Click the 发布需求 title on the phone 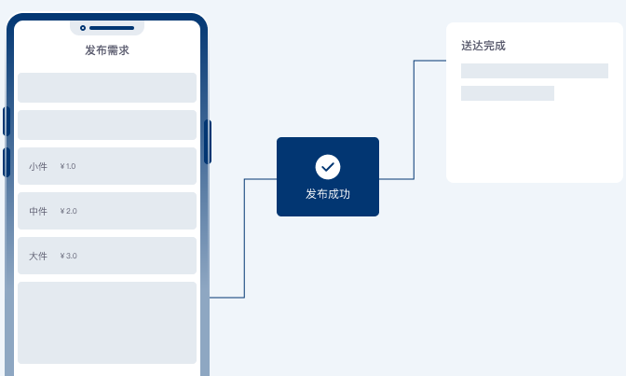[x=107, y=50]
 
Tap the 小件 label [x=38, y=166]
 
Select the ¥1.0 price [x=68, y=166]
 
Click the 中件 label [x=38, y=211]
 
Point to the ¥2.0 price [x=68, y=211]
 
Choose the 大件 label [x=38, y=256]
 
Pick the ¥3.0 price [x=68, y=256]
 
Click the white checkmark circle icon [x=328, y=167]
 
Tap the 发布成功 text [x=328, y=194]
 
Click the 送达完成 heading [x=483, y=46]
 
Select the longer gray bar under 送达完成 [x=535, y=71]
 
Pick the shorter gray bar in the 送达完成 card [x=508, y=93]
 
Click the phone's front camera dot [x=83, y=28]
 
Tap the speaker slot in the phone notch [x=112, y=28]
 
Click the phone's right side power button [x=208, y=142]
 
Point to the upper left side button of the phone [x=6, y=121]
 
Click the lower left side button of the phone [x=6, y=162]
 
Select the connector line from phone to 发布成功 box [x=244, y=238]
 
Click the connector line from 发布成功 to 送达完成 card [x=414, y=120]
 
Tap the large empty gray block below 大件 [x=107, y=323]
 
